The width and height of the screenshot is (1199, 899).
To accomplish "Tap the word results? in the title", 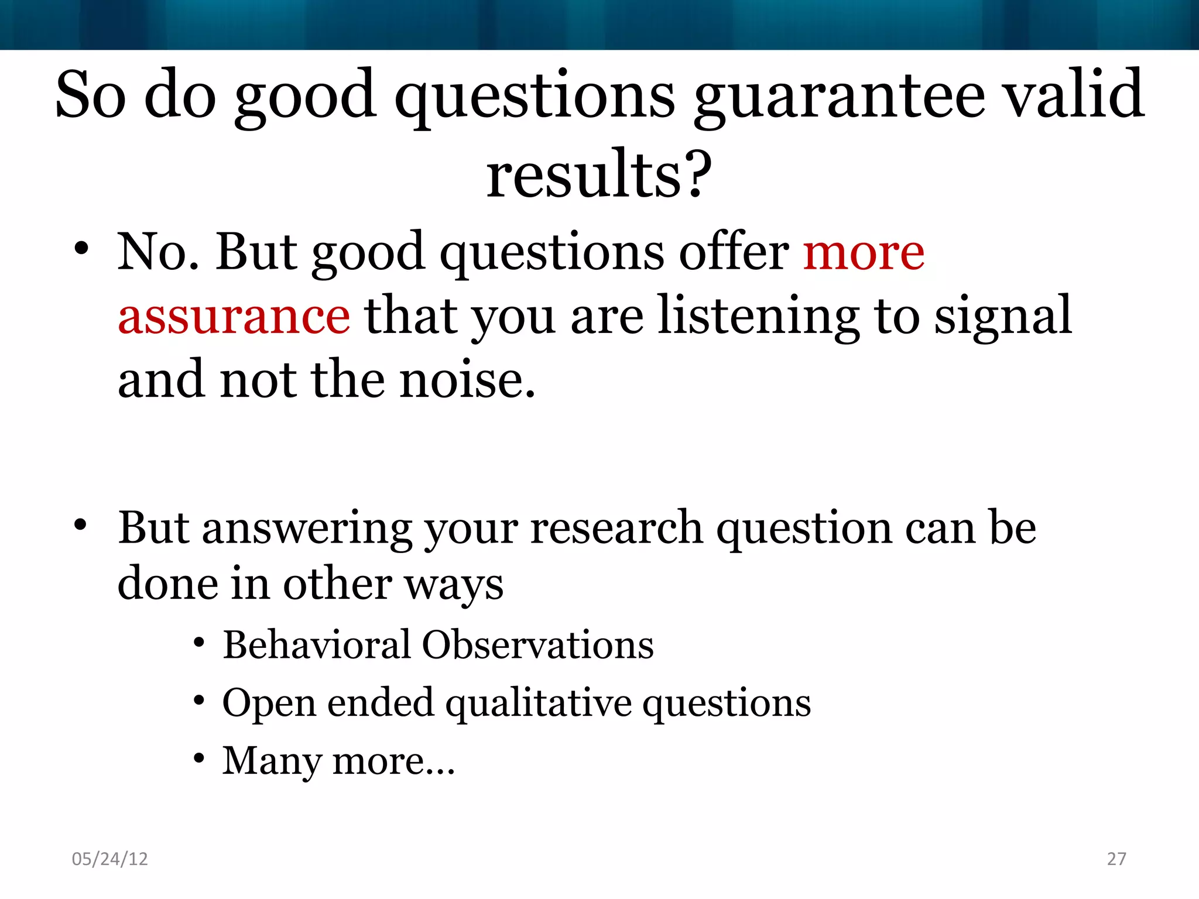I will pyautogui.click(x=599, y=174).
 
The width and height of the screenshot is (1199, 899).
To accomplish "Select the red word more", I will pyautogui.click(x=864, y=253).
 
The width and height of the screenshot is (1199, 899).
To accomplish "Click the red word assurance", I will pyautogui.click(x=234, y=317).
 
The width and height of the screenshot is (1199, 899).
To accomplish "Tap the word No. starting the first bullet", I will pyautogui.click(x=158, y=253).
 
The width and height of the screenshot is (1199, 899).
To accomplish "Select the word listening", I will pyautogui.click(x=759, y=317).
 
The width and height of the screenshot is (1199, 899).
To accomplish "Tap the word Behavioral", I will pyautogui.click(x=317, y=645).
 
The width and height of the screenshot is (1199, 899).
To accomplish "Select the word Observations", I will pyautogui.click(x=537, y=645).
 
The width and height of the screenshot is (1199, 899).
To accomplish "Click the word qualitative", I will pyautogui.click(x=538, y=704).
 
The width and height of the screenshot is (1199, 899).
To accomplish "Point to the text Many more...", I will pyautogui.click(x=338, y=762).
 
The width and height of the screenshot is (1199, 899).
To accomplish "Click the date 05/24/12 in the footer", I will pyautogui.click(x=109, y=859).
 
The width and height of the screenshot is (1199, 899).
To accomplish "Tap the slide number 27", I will pyautogui.click(x=1116, y=859).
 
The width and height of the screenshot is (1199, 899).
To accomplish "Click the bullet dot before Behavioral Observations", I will pyautogui.click(x=199, y=643).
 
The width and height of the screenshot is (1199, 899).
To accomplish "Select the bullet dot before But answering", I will pyautogui.click(x=81, y=524).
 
